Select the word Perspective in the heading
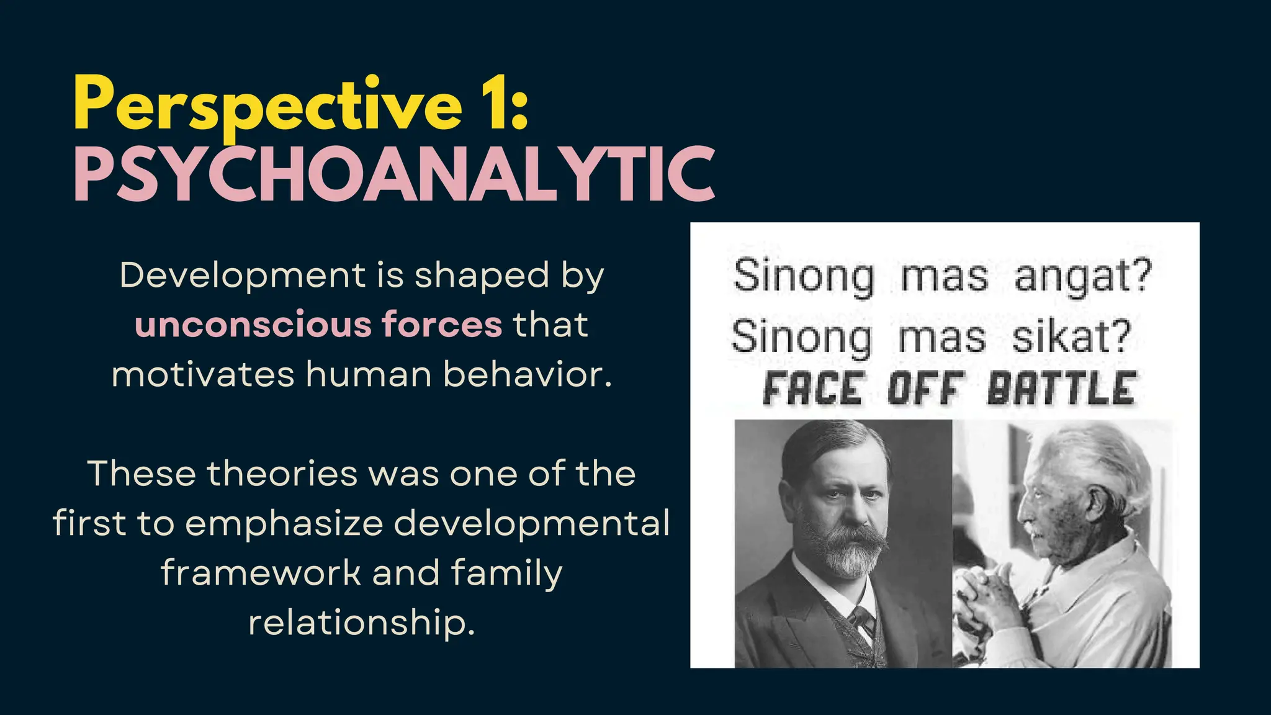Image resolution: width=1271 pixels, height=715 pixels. (x=267, y=104)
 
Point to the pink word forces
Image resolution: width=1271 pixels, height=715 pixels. (x=442, y=325)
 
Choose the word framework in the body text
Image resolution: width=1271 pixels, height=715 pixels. (x=261, y=572)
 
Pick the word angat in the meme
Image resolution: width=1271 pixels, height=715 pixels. (x=1083, y=276)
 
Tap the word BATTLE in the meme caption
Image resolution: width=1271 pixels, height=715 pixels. (x=1062, y=389)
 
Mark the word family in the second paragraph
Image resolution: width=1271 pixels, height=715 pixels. (x=506, y=572)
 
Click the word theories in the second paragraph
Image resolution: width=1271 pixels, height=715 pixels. (x=282, y=474)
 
